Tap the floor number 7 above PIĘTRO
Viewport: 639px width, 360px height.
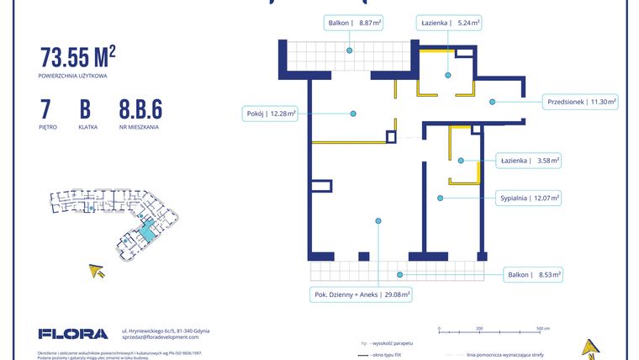click(45, 109)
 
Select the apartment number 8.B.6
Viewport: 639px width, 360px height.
click(140, 109)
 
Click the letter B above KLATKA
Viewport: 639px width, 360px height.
click(85, 109)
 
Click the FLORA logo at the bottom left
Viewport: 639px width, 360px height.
click(73, 334)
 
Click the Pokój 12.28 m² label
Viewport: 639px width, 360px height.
click(269, 114)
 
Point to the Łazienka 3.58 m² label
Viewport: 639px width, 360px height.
click(529, 160)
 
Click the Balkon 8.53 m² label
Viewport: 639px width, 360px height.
click(534, 274)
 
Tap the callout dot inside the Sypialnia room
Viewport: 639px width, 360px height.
click(440, 199)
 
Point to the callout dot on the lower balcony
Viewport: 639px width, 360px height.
click(400, 274)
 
